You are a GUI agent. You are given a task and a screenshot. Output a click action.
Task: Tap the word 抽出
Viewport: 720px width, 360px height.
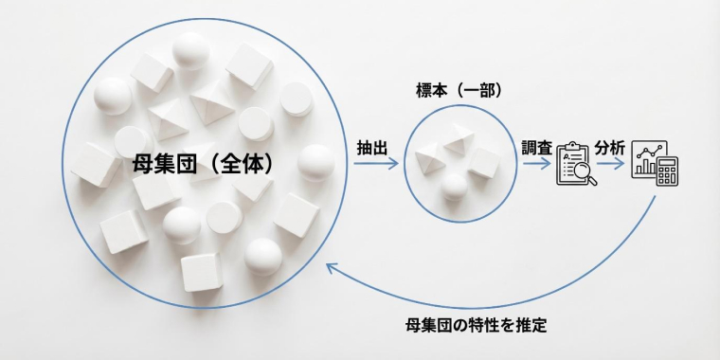[373, 148]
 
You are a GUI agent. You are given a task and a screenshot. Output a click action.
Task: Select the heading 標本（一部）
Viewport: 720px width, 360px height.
[459, 91]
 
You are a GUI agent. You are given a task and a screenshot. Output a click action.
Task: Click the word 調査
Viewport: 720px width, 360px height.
[536, 148]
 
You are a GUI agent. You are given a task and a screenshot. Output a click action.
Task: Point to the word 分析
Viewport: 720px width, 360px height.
[610, 148]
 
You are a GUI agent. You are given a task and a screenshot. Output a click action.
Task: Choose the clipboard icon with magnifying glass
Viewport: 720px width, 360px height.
[575, 163]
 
